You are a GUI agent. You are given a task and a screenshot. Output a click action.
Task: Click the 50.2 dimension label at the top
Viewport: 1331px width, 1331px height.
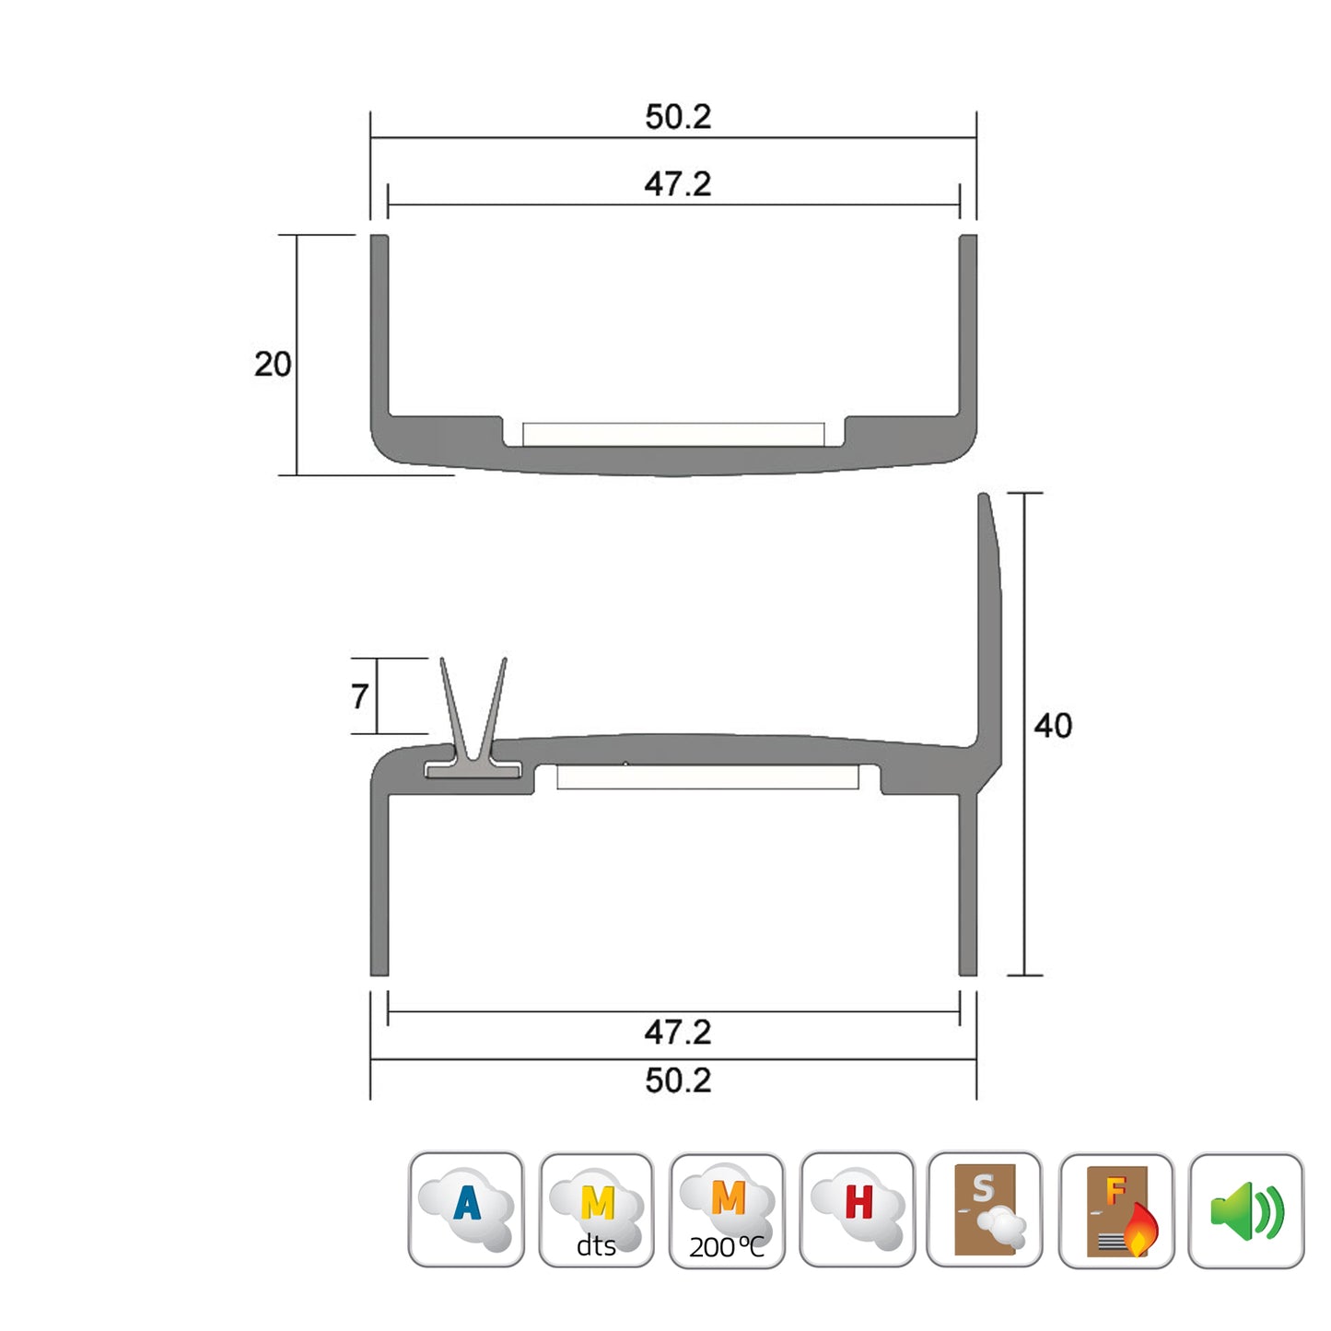tap(678, 117)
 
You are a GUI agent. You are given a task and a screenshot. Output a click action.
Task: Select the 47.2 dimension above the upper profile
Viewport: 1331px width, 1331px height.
tap(678, 184)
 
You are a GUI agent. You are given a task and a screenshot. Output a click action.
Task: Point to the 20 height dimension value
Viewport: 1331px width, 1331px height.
tap(273, 364)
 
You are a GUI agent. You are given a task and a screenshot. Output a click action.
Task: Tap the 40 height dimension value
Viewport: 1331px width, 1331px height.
tap(1053, 726)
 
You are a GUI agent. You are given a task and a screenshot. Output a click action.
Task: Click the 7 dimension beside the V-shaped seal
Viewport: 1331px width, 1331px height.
tap(360, 696)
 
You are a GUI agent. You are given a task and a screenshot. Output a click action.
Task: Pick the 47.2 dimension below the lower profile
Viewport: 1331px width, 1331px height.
tap(678, 1032)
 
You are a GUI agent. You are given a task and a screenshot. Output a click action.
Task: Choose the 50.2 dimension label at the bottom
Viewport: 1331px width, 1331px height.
tap(678, 1080)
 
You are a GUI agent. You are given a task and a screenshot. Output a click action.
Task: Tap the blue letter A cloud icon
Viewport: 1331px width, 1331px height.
tap(466, 1209)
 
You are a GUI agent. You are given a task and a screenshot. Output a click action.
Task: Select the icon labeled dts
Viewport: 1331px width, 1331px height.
tap(596, 1210)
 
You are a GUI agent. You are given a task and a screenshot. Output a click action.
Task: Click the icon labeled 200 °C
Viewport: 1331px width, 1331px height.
tap(727, 1210)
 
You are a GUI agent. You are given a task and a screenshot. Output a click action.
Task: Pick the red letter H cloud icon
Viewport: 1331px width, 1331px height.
tap(857, 1209)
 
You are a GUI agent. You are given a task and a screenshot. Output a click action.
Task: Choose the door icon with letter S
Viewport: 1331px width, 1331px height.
tap(985, 1209)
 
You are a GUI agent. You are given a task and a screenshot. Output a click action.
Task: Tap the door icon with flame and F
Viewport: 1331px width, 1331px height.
tap(1116, 1210)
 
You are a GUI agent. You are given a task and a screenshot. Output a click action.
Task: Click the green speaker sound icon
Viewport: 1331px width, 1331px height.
tap(1246, 1210)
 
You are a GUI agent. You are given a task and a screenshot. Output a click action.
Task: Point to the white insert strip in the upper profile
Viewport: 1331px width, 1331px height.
tap(673, 435)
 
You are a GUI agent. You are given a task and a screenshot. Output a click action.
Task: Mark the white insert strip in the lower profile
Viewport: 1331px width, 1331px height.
tap(707, 777)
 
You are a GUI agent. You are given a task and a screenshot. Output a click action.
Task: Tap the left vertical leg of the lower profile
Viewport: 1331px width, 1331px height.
tap(379, 884)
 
